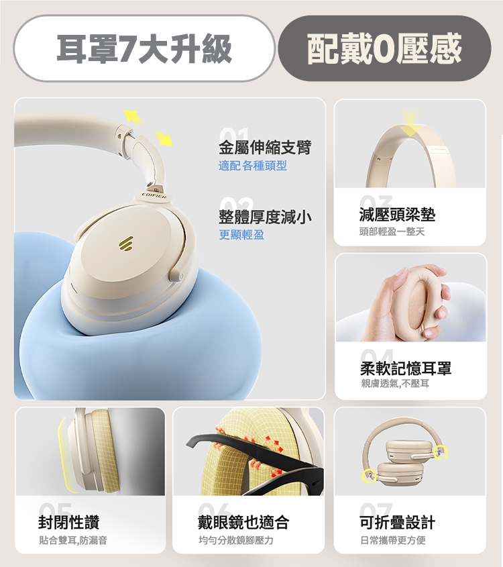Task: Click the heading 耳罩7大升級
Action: point(144,49)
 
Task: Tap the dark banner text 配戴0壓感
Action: point(384,49)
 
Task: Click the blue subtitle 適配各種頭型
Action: point(253,166)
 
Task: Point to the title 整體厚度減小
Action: point(264,217)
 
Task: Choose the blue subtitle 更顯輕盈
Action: point(241,235)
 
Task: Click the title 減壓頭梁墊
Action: point(397,215)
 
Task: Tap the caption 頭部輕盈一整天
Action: point(392,231)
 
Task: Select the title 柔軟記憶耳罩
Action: point(405,368)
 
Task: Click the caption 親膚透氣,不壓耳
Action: point(395,384)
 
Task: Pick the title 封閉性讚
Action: point(68,522)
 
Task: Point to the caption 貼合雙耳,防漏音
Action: point(72,540)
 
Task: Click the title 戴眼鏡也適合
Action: point(243,522)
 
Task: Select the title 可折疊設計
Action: point(397,522)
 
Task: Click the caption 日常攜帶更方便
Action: point(392,540)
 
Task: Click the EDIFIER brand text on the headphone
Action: point(154,196)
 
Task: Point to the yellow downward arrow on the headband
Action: point(409,126)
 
